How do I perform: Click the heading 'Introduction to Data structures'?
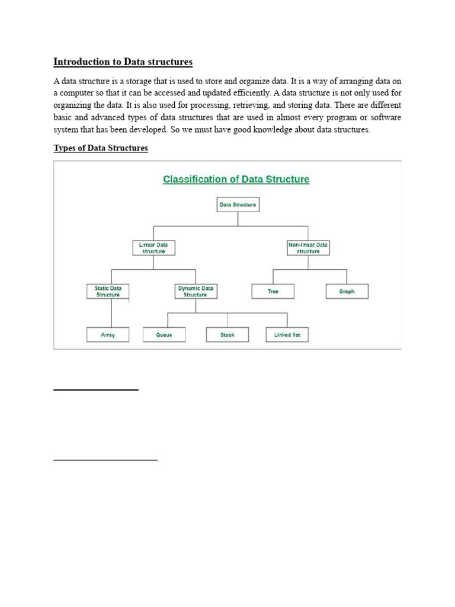pyautogui.click(x=123, y=62)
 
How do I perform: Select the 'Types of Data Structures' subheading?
pyautogui.click(x=101, y=148)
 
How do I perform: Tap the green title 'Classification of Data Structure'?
pyautogui.click(x=236, y=179)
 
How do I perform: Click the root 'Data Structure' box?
pyautogui.click(x=238, y=205)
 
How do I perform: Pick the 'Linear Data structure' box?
pyautogui.click(x=153, y=247)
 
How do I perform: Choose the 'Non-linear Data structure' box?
pyautogui.click(x=308, y=247)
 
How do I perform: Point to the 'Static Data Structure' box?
pyautogui.click(x=108, y=291)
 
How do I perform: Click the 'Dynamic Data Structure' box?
pyautogui.click(x=195, y=291)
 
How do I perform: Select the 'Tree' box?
pyautogui.click(x=273, y=292)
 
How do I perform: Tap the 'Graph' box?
pyautogui.click(x=347, y=292)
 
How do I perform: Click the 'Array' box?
pyautogui.click(x=108, y=335)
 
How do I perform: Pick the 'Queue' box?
pyautogui.click(x=164, y=335)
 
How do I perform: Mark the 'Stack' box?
pyautogui.click(x=227, y=335)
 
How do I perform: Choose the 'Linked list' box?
pyautogui.click(x=287, y=335)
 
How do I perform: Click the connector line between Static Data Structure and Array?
pyautogui.click(x=128, y=313)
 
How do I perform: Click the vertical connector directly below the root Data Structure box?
pyautogui.click(x=238, y=218)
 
